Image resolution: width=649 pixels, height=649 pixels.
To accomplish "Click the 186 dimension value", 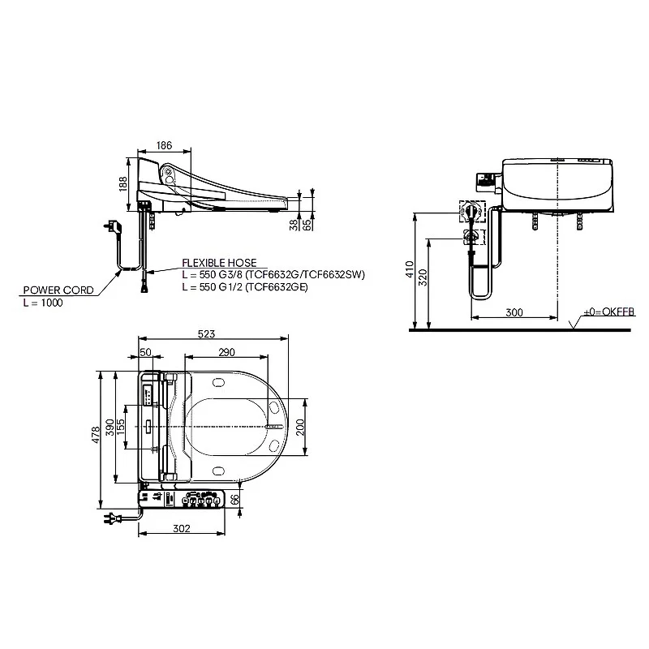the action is tap(164, 145).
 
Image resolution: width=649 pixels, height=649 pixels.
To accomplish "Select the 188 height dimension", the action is tap(123, 184).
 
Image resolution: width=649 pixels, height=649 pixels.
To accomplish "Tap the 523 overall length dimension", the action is tap(206, 333).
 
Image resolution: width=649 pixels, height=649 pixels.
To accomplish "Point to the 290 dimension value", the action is tap(226, 352).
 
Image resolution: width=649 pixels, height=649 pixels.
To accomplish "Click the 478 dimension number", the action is tap(96, 435).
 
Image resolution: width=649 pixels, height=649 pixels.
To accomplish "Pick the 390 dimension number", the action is tap(110, 428).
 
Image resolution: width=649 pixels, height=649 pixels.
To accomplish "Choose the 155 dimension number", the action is tap(120, 428).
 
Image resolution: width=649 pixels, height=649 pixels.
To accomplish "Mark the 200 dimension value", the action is tap(300, 428).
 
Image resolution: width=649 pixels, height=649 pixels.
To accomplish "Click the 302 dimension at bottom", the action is tap(182, 528).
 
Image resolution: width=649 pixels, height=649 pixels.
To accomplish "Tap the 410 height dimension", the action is tap(410, 269).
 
